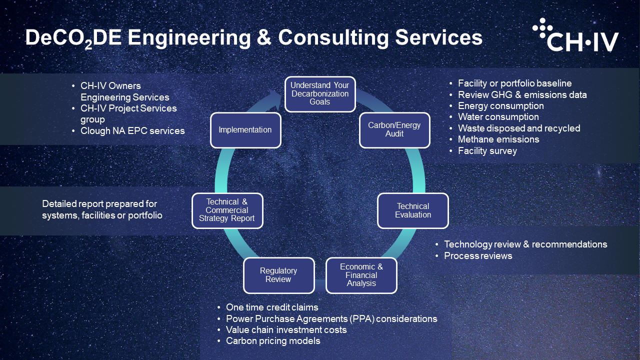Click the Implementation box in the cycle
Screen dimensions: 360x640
[x=245, y=130]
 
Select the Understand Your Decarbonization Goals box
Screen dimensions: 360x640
[x=320, y=93]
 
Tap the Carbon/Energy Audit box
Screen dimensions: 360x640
[x=394, y=130]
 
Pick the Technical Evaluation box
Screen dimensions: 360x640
[x=413, y=210]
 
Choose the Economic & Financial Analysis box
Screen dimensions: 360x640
[x=361, y=275]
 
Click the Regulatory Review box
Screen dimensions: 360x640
[x=278, y=275]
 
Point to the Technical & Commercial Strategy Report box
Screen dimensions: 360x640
[x=227, y=210]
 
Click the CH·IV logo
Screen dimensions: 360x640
[x=575, y=35]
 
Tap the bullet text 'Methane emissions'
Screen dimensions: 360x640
[x=498, y=139]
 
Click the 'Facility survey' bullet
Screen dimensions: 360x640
[x=487, y=151]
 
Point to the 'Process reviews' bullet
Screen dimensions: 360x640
[x=478, y=256]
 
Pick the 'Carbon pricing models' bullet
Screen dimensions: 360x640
[x=273, y=341]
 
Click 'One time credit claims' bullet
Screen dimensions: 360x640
[x=272, y=307]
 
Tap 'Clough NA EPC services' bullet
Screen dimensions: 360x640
[x=132, y=131]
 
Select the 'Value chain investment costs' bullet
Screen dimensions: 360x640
[x=286, y=330]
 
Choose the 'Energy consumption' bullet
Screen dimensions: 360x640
[x=500, y=106]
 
